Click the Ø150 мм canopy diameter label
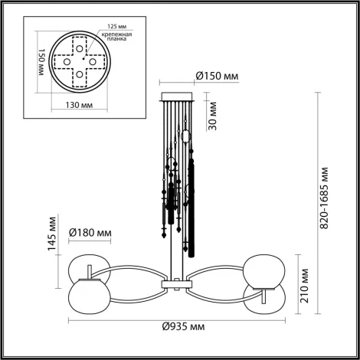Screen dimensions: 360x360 (218, 76)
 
